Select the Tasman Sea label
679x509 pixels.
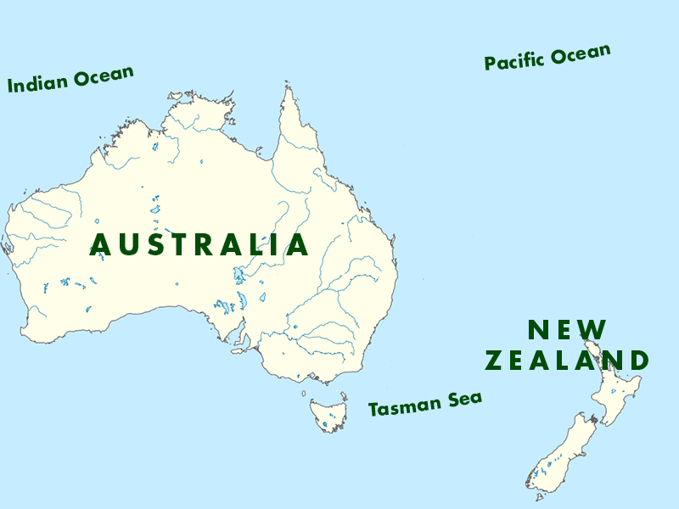(x=424, y=404)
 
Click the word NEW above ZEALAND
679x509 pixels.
(x=567, y=330)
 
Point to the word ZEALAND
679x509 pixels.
(x=566, y=361)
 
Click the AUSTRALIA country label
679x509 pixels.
(x=199, y=245)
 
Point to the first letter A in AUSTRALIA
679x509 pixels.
(x=100, y=245)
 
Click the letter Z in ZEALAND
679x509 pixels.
(x=493, y=361)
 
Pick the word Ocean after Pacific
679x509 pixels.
(x=580, y=54)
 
